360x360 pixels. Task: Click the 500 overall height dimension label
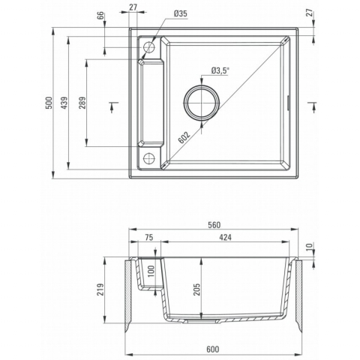(49, 103)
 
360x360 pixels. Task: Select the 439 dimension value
(64, 103)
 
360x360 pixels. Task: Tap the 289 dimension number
(82, 103)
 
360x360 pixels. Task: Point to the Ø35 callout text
(181, 13)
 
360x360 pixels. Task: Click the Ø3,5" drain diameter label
(220, 70)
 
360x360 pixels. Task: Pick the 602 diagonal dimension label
(184, 137)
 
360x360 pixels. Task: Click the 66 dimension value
(100, 16)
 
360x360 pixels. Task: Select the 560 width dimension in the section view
(214, 225)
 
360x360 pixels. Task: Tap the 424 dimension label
(225, 238)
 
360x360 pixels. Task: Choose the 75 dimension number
(149, 238)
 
